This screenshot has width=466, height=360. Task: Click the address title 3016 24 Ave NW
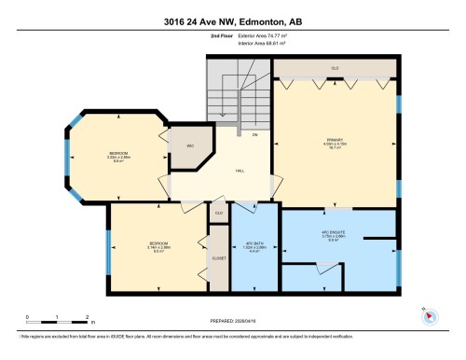(232, 19)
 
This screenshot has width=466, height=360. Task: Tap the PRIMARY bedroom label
(334, 141)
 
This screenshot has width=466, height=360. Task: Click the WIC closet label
(189, 147)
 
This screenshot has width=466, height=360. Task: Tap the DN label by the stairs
(254, 135)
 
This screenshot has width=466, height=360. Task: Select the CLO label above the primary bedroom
(334, 67)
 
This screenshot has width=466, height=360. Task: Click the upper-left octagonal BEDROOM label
(117, 156)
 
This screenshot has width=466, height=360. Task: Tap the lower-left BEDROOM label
(158, 246)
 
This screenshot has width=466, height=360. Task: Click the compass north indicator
(430, 314)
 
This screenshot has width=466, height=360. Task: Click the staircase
(233, 98)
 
